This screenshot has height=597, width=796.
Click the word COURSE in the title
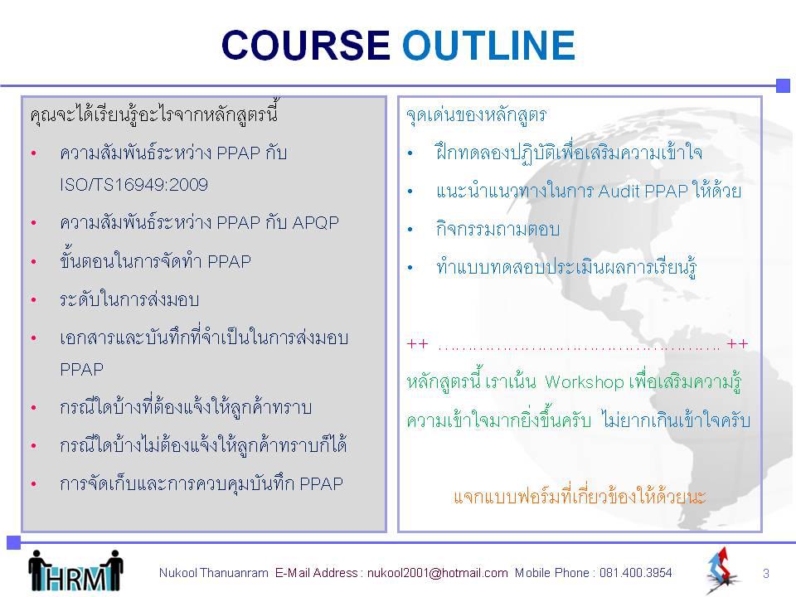[x=306, y=45]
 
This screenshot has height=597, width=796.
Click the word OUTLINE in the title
[x=489, y=45]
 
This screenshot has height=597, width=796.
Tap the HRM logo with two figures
[x=75, y=570]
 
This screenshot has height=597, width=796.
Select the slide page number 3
[x=766, y=574]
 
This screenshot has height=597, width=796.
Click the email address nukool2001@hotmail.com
[x=438, y=573]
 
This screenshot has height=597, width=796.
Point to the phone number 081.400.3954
[x=636, y=573]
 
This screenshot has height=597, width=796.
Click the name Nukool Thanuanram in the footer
[x=214, y=573]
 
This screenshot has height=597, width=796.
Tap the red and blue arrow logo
[x=722, y=570]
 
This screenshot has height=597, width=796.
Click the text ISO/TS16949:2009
[x=134, y=184]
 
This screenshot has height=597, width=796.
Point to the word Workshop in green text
[x=585, y=381]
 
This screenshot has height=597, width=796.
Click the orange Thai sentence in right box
[x=580, y=496]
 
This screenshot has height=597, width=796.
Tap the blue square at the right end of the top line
[x=784, y=85]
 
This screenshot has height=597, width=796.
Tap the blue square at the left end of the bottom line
[x=14, y=542]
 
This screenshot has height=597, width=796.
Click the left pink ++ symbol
[x=417, y=344]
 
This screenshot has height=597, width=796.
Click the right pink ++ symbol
[x=737, y=344]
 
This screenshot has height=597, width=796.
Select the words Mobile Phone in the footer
[x=552, y=573]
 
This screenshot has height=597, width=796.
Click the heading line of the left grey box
[x=154, y=113]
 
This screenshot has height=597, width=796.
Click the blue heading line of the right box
[x=476, y=114]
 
